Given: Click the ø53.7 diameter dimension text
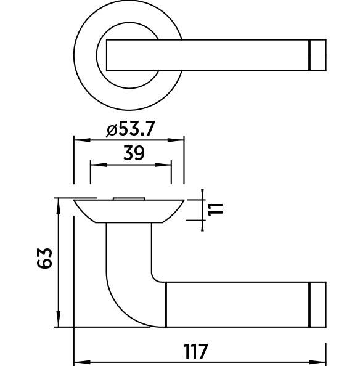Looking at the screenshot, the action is tap(130, 129).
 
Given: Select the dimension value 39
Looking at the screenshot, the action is tap(134, 153).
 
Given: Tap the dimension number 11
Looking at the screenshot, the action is tap(215, 209).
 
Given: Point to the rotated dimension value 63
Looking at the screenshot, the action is tap(44, 258).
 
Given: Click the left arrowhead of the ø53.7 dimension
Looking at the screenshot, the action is tap(82, 140).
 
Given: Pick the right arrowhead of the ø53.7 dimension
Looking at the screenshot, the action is tap(176, 140).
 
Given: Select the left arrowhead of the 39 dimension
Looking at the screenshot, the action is tap(99, 165).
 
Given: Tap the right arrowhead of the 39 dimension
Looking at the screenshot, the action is tap(163, 165).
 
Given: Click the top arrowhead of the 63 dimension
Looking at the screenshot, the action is tap(59, 206).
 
